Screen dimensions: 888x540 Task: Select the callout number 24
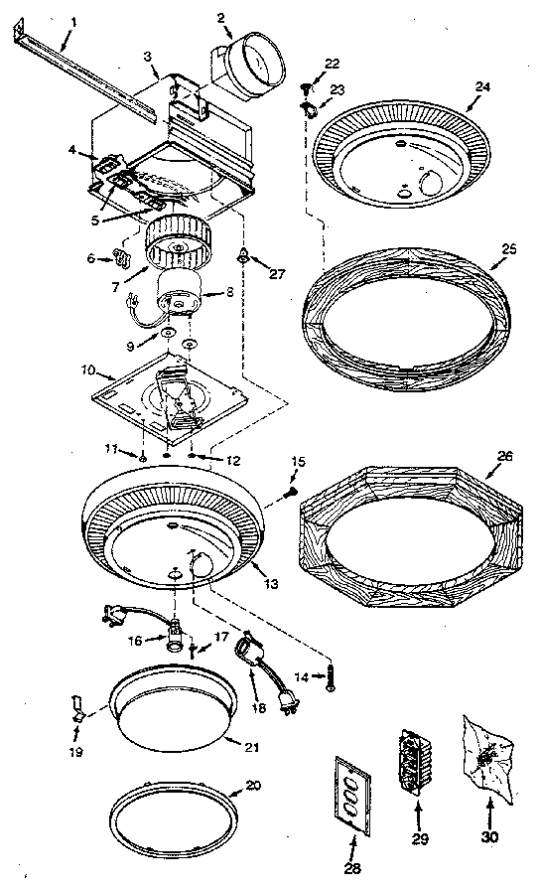[482, 87]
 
